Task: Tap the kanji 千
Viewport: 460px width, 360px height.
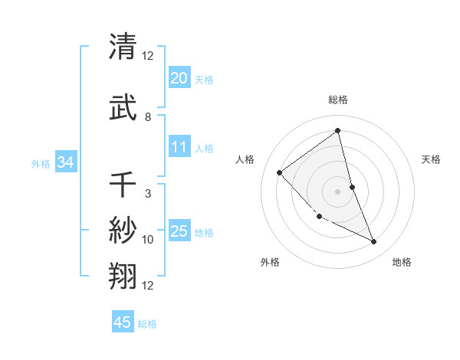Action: point(123,185)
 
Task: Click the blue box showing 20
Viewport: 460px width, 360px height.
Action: point(179,78)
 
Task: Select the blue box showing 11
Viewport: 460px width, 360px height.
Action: point(179,147)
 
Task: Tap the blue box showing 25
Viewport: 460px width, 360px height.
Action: point(179,231)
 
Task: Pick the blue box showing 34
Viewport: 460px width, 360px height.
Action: point(66,162)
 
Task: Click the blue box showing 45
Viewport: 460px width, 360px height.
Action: point(123,322)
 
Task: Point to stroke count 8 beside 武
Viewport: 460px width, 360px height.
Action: point(148,117)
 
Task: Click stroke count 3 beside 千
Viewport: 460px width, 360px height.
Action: point(148,194)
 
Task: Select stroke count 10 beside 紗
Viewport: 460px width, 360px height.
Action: point(148,240)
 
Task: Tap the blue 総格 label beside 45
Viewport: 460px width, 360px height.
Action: point(147,324)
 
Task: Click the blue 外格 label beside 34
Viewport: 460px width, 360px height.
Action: point(41,163)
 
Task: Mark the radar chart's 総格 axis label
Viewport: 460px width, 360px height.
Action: point(337,100)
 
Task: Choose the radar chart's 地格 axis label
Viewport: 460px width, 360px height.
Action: point(402,262)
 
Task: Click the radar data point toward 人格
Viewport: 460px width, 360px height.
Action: point(280,172)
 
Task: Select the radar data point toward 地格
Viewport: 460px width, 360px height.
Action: point(374,242)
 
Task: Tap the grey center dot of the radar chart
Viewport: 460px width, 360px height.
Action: point(337,191)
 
